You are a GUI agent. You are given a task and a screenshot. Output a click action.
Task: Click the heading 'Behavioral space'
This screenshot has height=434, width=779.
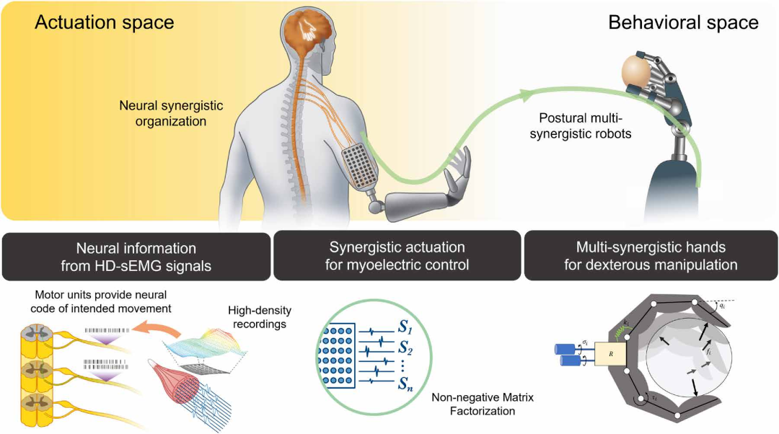[683, 22]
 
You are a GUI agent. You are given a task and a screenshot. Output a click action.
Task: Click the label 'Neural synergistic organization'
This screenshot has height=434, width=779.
[172, 114]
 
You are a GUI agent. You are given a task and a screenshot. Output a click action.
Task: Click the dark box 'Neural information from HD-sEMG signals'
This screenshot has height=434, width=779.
[136, 256]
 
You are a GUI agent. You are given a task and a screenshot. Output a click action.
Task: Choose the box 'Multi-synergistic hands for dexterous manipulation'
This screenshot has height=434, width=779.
[651, 256]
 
